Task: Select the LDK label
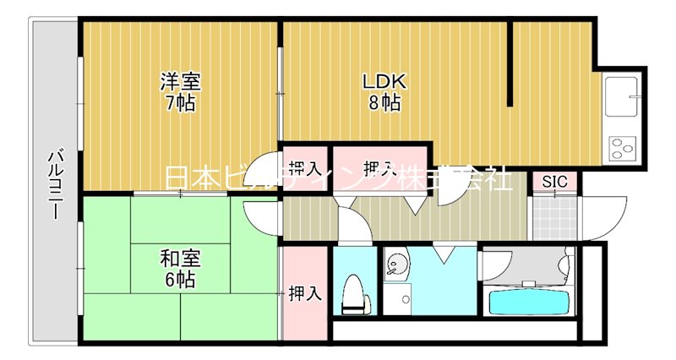pyautogui.click(x=384, y=83)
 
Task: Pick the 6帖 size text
pyautogui.click(x=181, y=280)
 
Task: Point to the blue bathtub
pyautogui.click(x=530, y=301)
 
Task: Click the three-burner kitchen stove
pyautogui.click(x=622, y=149)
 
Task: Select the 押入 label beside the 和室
pyautogui.click(x=305, y=293)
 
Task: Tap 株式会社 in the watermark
pyautogui.click(x=469, y=179)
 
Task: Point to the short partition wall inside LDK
pyautogui.click(x=510, y=64)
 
